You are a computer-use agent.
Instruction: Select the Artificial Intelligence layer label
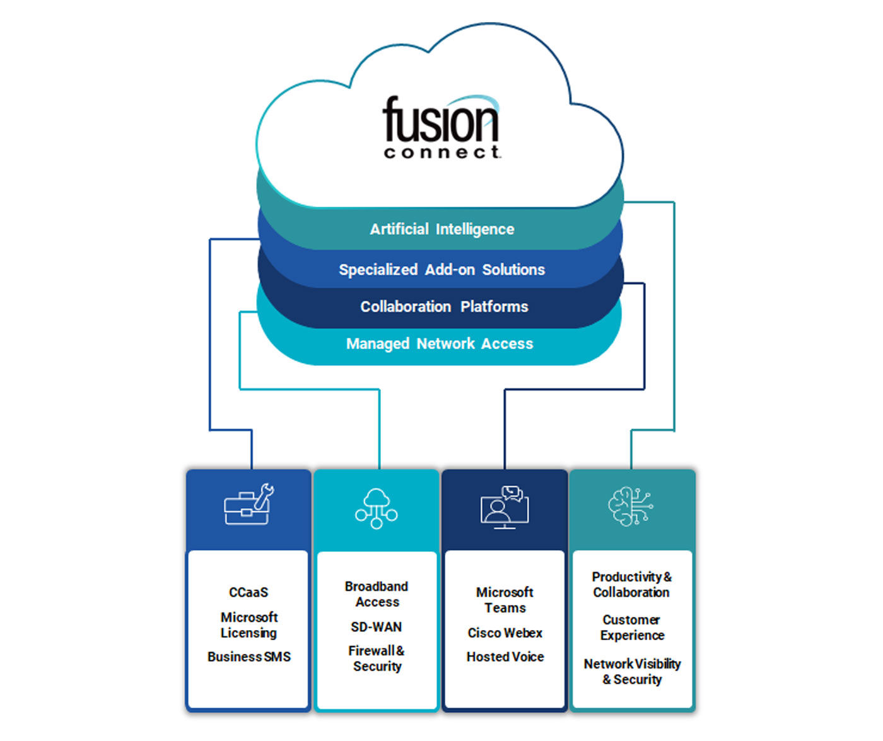(x=441, y=229)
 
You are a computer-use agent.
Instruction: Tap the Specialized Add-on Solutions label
(x=441, y=270)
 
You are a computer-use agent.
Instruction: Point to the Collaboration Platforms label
(x=444, y=307)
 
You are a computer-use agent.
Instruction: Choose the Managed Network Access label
(x=440, y=344)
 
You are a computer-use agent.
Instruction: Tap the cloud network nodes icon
(x=377, y=508)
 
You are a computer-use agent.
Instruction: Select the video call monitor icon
(x=505, y=507)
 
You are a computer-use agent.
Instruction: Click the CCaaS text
(x=249, y=592)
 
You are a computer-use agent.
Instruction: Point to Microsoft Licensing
(x=249, y=625)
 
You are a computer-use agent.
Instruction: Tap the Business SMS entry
(x=249, y=657)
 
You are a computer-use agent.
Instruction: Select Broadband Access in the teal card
(x=377, y=594)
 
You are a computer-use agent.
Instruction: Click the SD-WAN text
(x=377, y=627)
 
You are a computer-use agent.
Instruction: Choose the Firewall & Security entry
(x=377, y=658)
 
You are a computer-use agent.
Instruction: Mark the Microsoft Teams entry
(x=505, y=600)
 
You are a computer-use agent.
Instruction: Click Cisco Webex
(x=505, y=633)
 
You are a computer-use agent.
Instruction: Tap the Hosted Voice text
(x=505, y=657)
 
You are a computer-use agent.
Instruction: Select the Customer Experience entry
(x=631, y=628)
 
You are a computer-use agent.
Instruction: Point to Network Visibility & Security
(x=632, y=672)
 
